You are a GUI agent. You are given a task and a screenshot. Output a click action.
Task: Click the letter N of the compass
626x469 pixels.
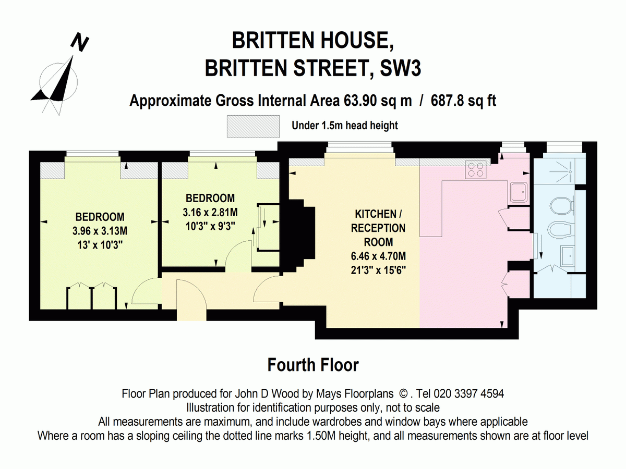point(80,42)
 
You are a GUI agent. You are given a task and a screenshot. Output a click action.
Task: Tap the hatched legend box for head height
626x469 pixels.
point(253,127)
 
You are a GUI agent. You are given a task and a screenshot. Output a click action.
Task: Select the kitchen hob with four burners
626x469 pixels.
point(476,170)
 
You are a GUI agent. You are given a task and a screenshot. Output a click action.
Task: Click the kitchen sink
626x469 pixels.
point(519,192)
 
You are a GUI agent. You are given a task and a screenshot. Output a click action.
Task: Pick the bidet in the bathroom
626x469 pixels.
point(561,229)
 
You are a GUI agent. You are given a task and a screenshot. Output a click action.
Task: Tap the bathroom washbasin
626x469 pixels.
point(568,256)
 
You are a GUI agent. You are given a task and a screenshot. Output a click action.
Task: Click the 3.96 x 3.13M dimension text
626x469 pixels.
point(100,231)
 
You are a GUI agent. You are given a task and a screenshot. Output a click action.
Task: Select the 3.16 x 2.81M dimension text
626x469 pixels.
point(210,212)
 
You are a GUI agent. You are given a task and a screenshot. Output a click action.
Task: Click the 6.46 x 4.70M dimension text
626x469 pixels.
point(378,256)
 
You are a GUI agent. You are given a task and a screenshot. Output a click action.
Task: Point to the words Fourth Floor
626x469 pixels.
point(313,365)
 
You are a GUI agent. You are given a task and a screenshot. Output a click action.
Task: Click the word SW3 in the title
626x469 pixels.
point(400,68)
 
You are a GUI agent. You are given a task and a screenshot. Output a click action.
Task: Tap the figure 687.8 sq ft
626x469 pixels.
point(463,101)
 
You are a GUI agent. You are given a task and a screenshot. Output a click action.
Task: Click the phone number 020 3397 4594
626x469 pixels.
point(469,393)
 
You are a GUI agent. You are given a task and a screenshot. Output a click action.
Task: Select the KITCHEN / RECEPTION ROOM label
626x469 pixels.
point(378,228)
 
